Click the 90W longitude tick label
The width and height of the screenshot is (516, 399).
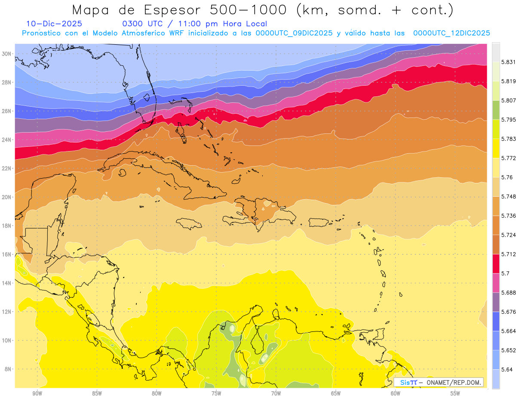coord(37,393)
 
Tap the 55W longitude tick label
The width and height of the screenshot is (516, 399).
coord(455,393)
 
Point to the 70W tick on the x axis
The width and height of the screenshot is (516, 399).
coord(276,393)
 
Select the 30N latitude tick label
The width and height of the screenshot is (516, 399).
coord(7,54)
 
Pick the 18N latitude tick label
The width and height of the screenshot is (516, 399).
coord(7,226)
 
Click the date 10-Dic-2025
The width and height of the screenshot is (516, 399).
coord(54,24)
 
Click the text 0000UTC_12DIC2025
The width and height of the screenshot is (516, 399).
coord(451,33)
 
